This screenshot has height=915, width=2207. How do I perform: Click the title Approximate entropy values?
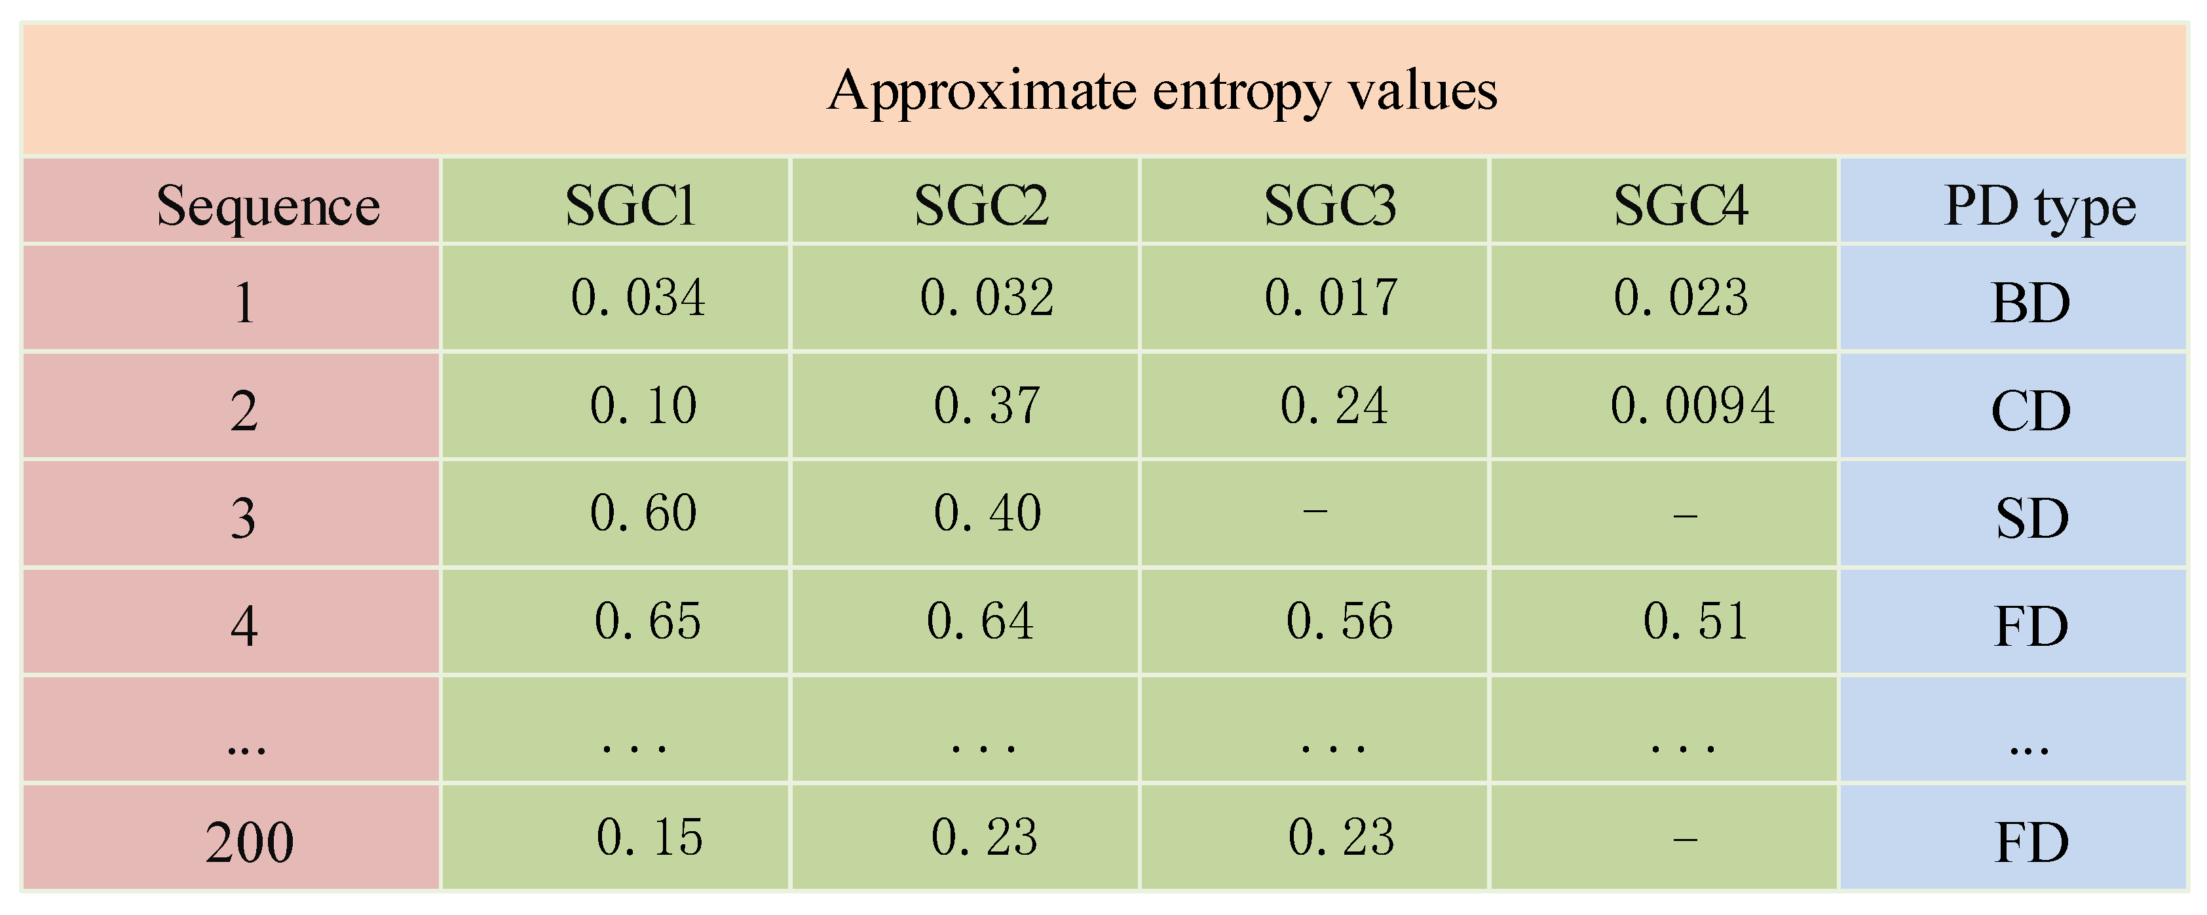[x=1161, y=91]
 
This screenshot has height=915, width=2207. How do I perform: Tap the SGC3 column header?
[x=1330, y=206]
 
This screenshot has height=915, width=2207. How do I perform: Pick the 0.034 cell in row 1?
[x=637, y=298]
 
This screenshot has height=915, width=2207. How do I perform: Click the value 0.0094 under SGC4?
[x=1692, y=406]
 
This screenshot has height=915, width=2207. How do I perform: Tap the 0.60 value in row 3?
[x=643, y=514]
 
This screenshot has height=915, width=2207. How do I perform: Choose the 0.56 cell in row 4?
[x=1339, y=622]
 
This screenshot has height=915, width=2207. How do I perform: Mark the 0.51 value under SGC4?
[x=1695, y=622]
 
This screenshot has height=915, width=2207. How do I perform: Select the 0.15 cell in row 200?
[x=649, y=838]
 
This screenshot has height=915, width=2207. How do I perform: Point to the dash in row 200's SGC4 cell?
[x=1684, y=839]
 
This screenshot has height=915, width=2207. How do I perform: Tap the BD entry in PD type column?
[x=2031, y=303]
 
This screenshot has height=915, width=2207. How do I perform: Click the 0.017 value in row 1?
[x=1330, y=298]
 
